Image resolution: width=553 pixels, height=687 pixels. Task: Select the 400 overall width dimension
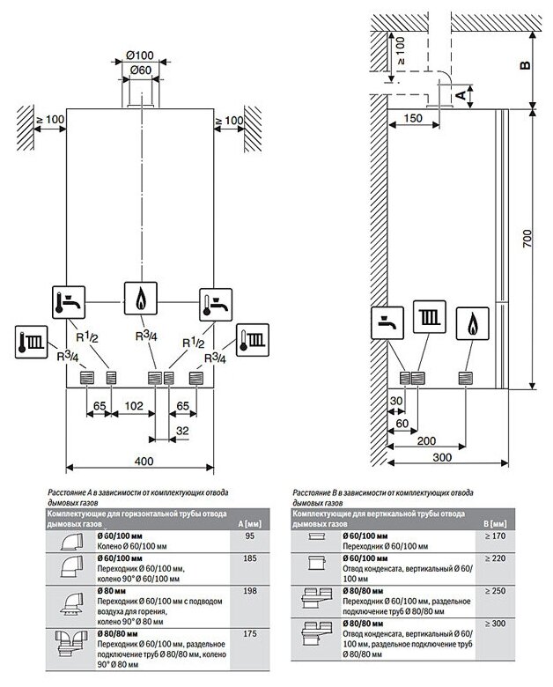point(139,462)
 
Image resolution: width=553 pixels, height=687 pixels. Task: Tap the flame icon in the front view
point(139,298)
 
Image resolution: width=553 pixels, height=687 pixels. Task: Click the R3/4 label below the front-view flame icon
point(145,336)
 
